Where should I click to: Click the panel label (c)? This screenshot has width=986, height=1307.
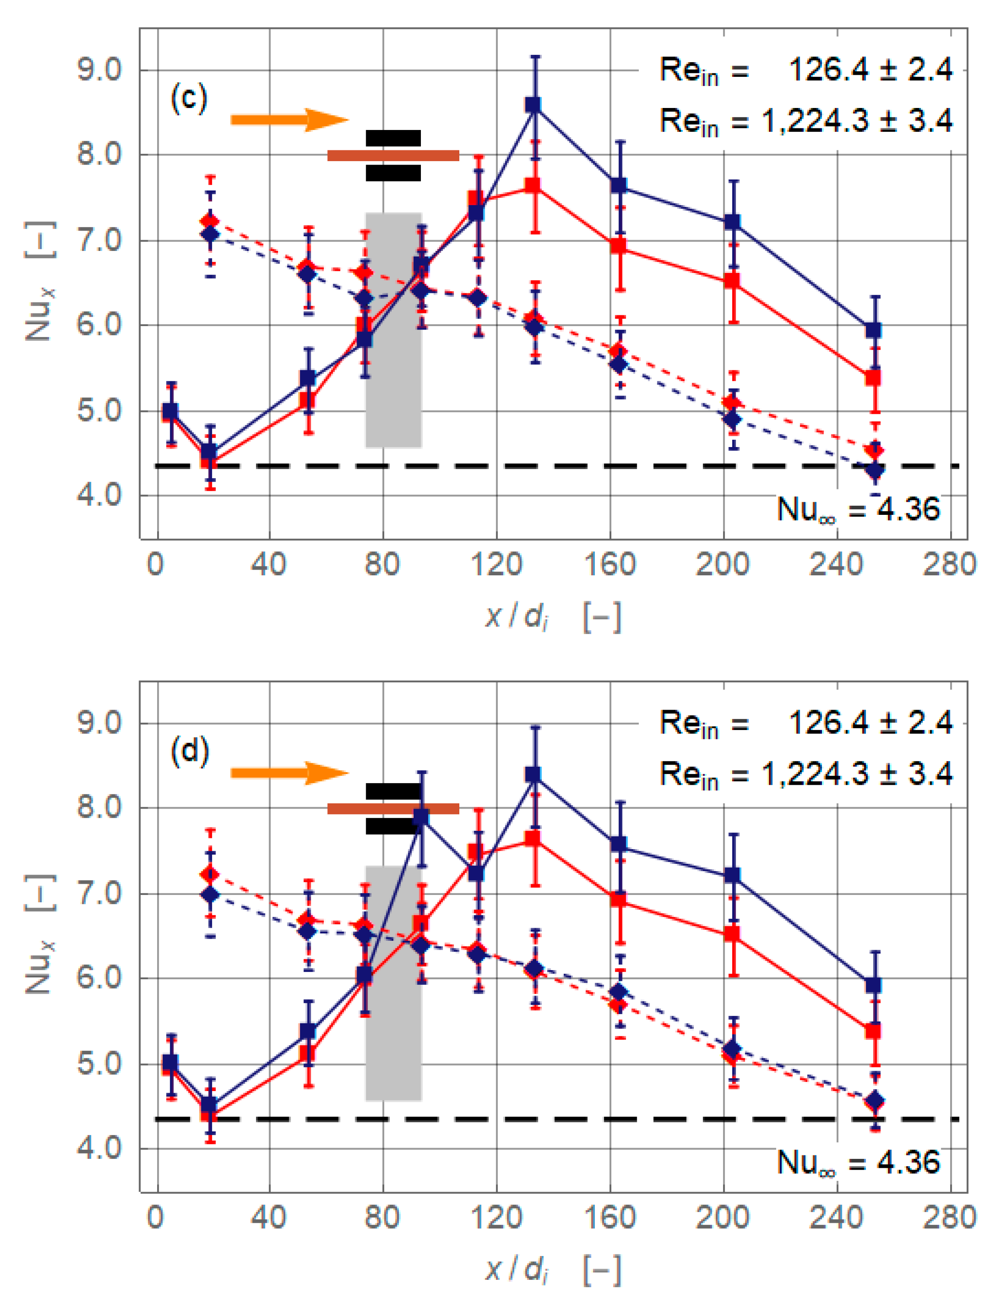click(x=189, y=98)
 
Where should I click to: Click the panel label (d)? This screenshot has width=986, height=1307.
click(x=190, y=752)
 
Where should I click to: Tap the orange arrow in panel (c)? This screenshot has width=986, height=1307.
click(x=289, y=120)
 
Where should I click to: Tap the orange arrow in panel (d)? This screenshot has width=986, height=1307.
click(x=289, y=773)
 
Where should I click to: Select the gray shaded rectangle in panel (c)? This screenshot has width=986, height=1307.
click(x=393, y=330)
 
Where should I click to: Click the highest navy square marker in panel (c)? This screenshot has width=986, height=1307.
click(x=533, y=105)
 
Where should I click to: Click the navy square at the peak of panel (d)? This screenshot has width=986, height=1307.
click(x=533, y=774)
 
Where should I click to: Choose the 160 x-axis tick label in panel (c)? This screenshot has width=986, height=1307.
click(x=610, y=564)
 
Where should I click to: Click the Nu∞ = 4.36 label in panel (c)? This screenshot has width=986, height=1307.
click(x=857, y=509)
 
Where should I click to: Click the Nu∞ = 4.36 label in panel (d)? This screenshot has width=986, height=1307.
click(x=857, y=1162)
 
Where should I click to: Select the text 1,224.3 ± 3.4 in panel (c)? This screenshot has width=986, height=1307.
click(x=856, y=121)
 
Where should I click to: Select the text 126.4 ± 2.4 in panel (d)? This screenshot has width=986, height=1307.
click(x=870, y=722)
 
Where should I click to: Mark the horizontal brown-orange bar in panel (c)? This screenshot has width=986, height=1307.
click(x=393, y=156)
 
